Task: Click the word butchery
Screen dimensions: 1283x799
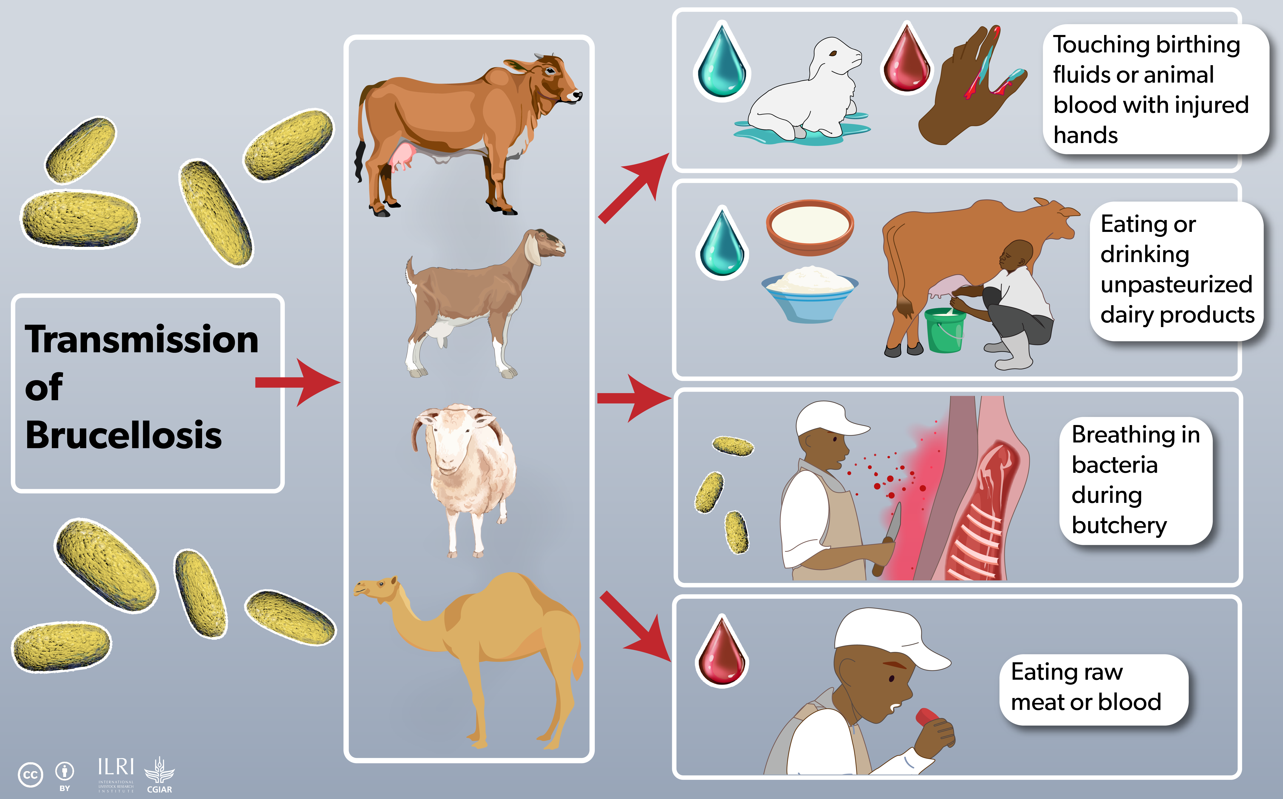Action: tap(1119, 526)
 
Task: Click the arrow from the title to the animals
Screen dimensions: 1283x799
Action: tap(297, 383)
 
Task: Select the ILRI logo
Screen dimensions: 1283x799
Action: tap(116, 774)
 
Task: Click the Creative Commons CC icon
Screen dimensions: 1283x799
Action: tap(30, 775)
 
